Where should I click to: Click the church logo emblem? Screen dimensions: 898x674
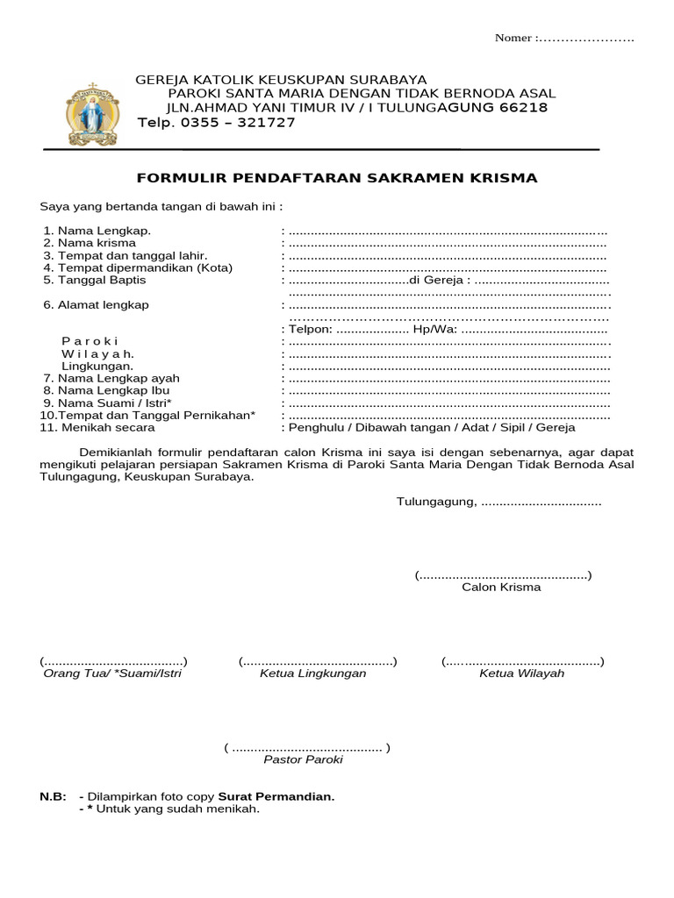point(90,114)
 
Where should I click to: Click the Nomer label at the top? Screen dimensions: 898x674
point(513,38)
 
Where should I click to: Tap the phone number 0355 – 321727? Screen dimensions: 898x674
point(238,123)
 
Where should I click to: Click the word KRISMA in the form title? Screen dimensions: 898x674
point(506,178)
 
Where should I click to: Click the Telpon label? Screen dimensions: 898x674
point(309,330)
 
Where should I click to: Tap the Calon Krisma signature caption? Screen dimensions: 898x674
point(501,588)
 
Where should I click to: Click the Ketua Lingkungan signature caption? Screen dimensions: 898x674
point(312,673)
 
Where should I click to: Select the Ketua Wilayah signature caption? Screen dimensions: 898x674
point(521,673)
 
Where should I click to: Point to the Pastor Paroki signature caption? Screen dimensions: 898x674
point(303,759)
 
